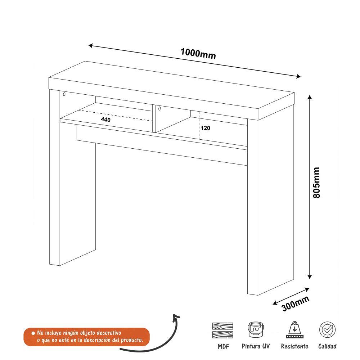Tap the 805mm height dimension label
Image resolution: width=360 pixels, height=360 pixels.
coord(316,183)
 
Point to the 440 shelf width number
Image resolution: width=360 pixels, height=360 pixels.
coord(106,120)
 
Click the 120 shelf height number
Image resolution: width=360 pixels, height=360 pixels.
coord(206,128)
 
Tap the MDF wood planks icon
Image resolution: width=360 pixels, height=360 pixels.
coord(222,330)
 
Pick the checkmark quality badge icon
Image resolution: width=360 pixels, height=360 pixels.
coord(328,329)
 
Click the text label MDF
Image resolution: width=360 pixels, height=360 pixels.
coord(223,346)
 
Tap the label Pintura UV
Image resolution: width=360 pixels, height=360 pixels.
coord(256,346)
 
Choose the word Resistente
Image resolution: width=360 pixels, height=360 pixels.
coord(294,346)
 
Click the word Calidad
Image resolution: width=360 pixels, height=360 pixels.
coord(327,346)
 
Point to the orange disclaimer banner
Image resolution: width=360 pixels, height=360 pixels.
coord(86,337)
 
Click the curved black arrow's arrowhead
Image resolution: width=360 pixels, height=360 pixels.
coord(176,316)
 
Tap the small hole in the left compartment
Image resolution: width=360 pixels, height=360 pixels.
coord(64,95)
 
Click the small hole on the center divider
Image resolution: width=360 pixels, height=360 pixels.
coord(159,108)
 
